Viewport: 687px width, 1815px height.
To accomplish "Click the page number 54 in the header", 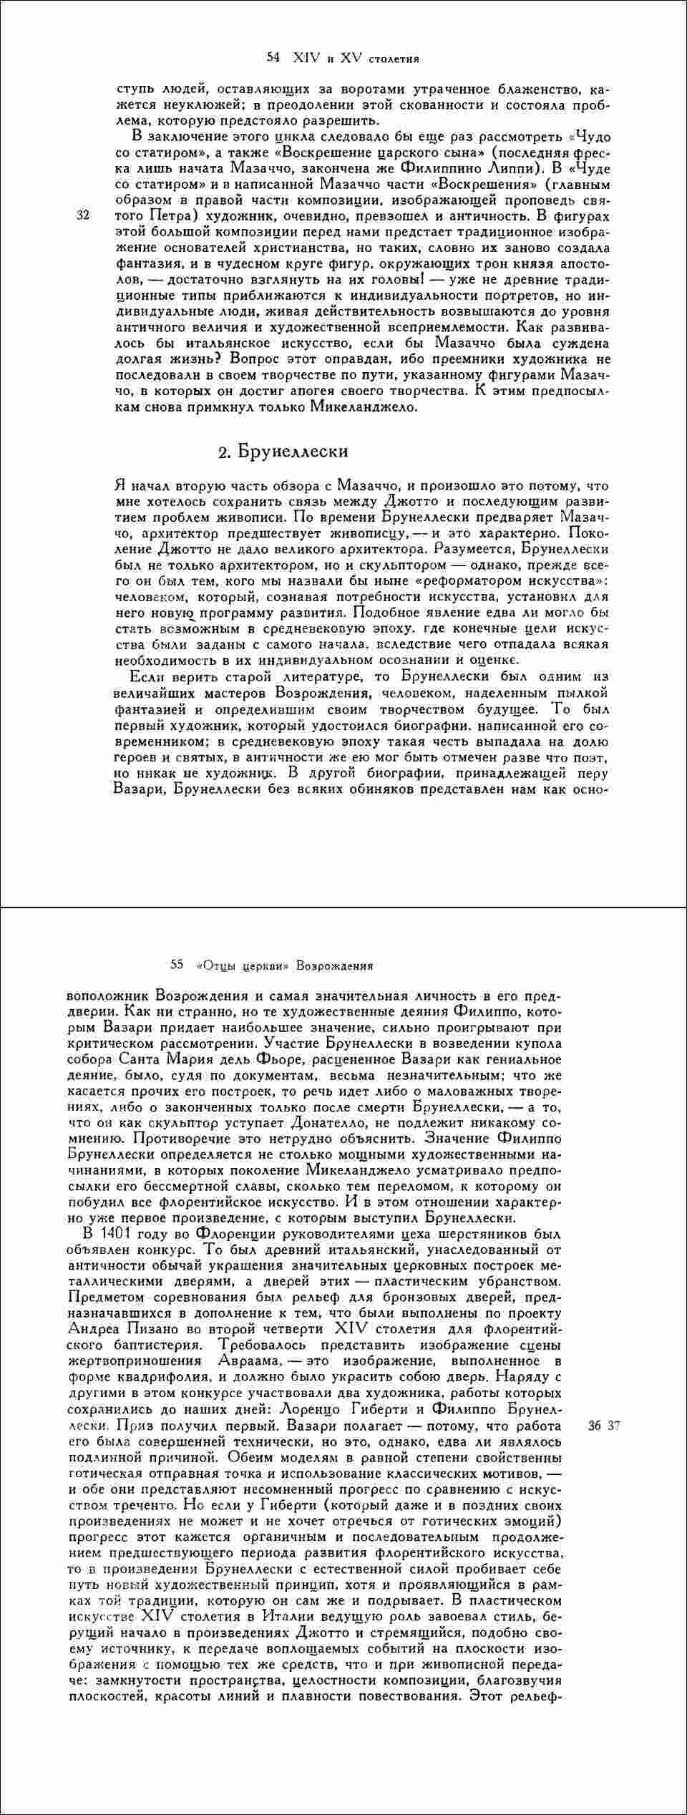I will tap(273, 57).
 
